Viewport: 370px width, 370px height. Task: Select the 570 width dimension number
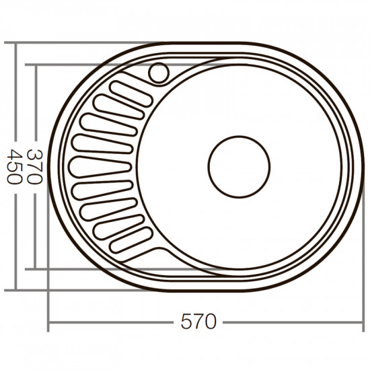tap(199, 324)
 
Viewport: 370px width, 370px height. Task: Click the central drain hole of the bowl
tap(239, 165)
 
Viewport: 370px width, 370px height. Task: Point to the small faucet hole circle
tap(160, 71)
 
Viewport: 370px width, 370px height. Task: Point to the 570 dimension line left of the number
tap(114, 324)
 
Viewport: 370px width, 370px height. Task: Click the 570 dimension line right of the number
tap(289, 324)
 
